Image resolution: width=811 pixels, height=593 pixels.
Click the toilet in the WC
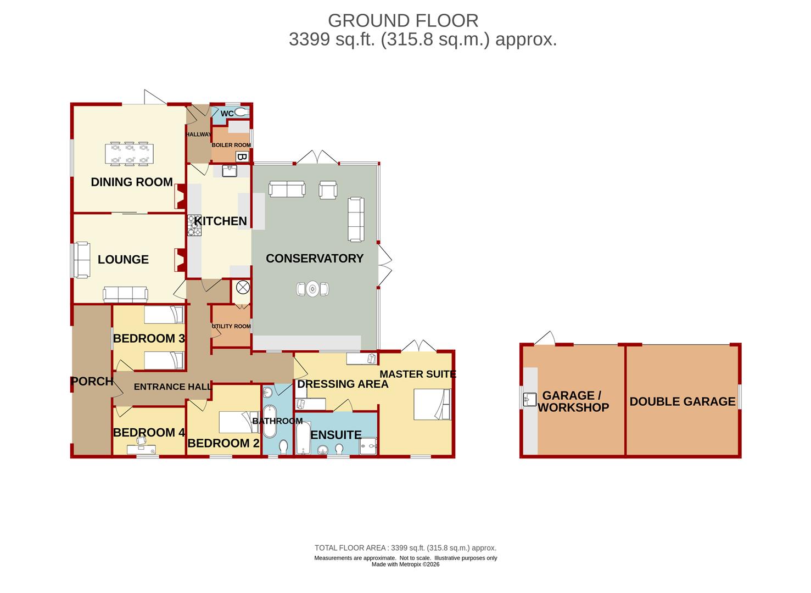click(242, 112)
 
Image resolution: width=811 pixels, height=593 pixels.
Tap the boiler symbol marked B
click(242, 157)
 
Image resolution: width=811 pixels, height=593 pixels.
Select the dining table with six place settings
click(129, 154)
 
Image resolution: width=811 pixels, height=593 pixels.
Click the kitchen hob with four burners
click(194, 225)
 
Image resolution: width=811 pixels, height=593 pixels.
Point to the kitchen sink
click(229, 171)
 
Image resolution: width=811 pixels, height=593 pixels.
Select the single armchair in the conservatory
click(328, 190)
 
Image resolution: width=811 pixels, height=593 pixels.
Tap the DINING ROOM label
click(132, 182)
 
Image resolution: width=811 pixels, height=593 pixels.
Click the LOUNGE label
click(123, 260)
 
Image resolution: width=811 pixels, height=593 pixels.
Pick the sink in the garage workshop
click(530, 400)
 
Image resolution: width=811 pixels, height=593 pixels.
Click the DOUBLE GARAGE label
click(683, 401)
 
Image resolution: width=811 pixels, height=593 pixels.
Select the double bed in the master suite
click(432, 404)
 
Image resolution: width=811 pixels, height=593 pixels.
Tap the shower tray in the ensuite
click(368, 446)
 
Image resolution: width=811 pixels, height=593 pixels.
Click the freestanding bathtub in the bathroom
click(270, 422)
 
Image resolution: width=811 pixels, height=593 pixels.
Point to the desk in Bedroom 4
click(142, 450)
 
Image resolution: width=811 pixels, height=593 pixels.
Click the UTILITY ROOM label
click(231, 326)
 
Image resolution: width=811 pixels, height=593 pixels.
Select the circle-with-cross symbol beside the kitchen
click(243, 288)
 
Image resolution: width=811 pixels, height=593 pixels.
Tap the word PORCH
click(92, 381)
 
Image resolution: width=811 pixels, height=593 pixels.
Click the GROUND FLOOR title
click(403, 21)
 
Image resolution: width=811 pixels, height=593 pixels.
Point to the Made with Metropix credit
click(405, 564)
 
